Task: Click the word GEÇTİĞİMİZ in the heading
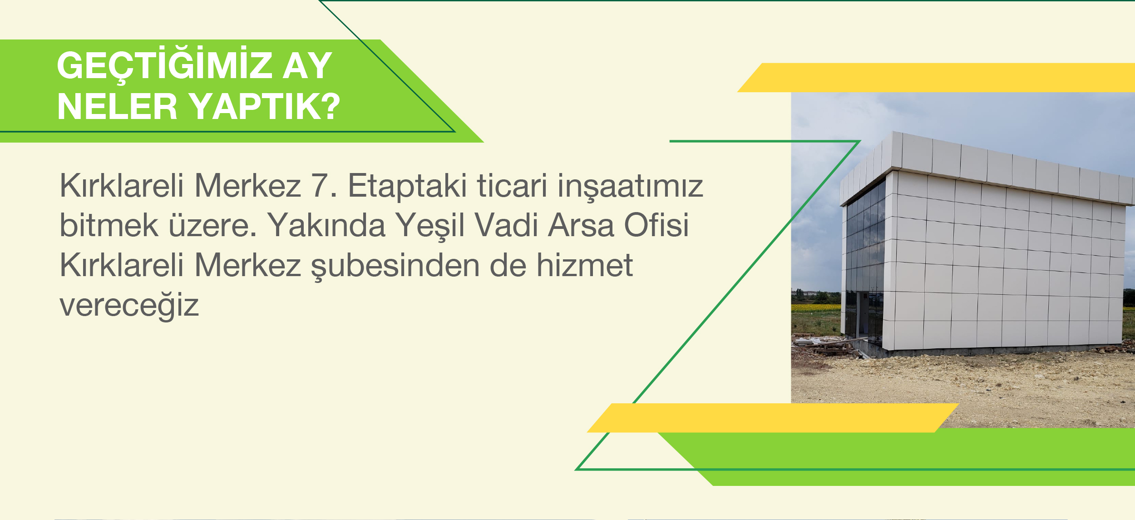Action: coord(164,64)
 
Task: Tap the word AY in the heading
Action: coord(307,65)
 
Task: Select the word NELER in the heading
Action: coord(117,107)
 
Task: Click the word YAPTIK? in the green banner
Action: coord(265,107)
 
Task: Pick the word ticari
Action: coord(512,185)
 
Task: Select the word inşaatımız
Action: coord(630,186)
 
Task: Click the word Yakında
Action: coord(326,225)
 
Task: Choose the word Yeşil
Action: coord(429,226)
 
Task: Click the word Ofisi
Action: coord(656,225)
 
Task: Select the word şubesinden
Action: coord(395,265)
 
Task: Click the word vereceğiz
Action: coord(129,305)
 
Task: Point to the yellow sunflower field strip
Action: coord(815,307)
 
